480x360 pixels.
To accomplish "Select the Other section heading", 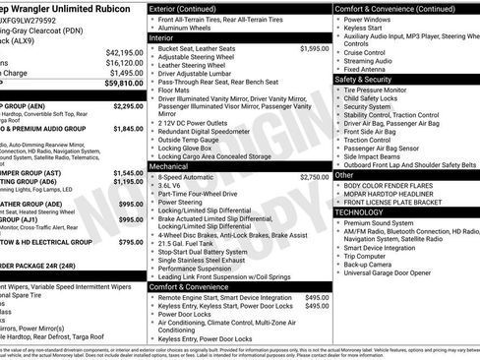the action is tap(345, 175).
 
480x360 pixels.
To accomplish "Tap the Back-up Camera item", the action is tap(373, 265).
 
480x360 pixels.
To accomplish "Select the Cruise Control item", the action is tap(371, 51).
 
